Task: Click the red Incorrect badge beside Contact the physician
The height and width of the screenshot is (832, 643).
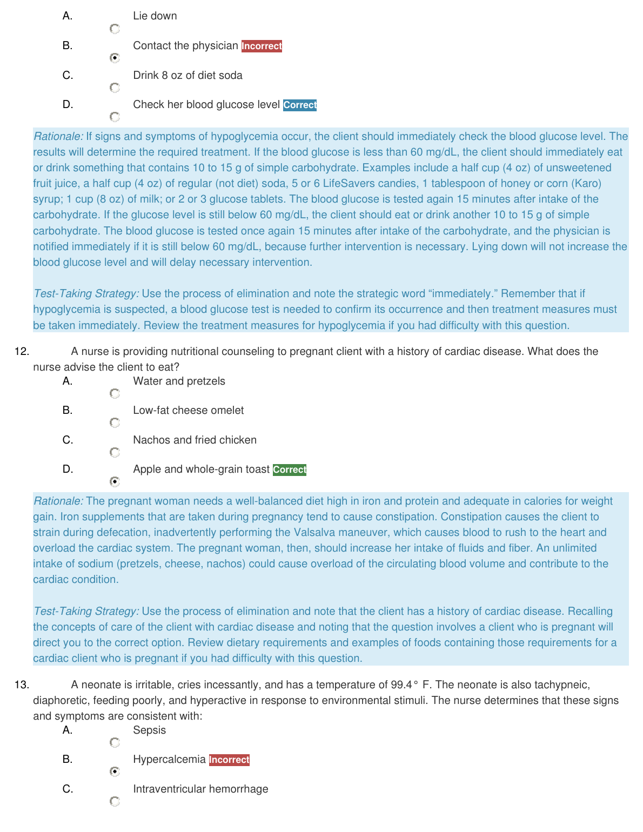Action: coord(262,46)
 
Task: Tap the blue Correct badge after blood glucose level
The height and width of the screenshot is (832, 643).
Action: coord(300,105)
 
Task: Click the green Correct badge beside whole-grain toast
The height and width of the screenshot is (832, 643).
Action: coord(290,469)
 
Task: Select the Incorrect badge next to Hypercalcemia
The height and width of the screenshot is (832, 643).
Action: coord(229,760)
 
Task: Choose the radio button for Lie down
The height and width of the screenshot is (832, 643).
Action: coord(115,29)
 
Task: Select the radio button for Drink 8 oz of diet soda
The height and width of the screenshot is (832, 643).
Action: coord(115,88)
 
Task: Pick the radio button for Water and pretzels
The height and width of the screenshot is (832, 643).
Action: coord(115,393)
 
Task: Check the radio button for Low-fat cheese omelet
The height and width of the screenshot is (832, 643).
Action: coord(115,422)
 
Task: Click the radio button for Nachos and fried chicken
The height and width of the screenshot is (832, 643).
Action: coord(115,452)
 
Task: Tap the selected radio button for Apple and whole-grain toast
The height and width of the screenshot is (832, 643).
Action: coord(115,481)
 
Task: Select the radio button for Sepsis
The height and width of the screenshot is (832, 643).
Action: coord(115,742)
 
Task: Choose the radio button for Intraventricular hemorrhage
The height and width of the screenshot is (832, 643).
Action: coord(115,801)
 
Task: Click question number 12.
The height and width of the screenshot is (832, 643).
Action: coord(22,352)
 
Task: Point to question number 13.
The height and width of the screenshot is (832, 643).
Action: coord(22,685)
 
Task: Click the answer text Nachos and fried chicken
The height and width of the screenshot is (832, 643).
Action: coord(195,440)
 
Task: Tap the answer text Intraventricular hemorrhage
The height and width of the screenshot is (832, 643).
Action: coord(200,789)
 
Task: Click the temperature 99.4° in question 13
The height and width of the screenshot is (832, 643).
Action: coord(404,685)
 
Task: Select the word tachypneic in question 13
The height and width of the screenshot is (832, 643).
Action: coord(561,685)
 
